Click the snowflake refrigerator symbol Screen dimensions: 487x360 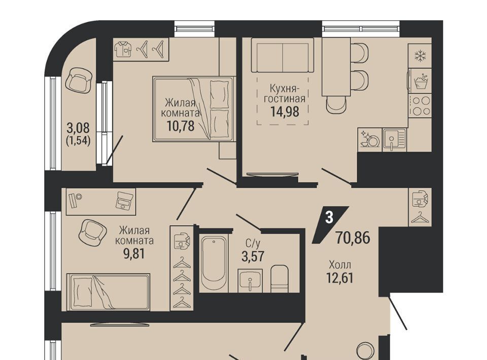click(420, 56)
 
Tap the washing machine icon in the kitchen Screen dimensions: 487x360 click(420, 81)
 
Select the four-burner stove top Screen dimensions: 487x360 click(420, 105)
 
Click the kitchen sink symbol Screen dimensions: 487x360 click(394, 139)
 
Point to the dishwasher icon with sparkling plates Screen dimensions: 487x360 click(370, 139)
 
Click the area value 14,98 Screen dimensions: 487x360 click(285, 112)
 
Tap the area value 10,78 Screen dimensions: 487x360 click(181, 126)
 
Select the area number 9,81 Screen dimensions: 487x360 click(134, 254)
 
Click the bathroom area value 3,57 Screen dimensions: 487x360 click(253, 257)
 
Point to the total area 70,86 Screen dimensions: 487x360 click(353, 238)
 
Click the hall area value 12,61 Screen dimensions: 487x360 click(340, 278)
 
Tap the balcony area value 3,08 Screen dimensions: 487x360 click(78, 128)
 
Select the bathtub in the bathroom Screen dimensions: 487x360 click(214, 264)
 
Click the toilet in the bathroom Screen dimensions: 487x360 click(280, 278)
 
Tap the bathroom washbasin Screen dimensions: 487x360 click(250, 280)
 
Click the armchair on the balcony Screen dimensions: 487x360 click(79, 80)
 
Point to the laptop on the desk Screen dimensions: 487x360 click(125, 200)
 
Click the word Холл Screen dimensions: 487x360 click(340, 265)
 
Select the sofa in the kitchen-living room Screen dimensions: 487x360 click(283, 56)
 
